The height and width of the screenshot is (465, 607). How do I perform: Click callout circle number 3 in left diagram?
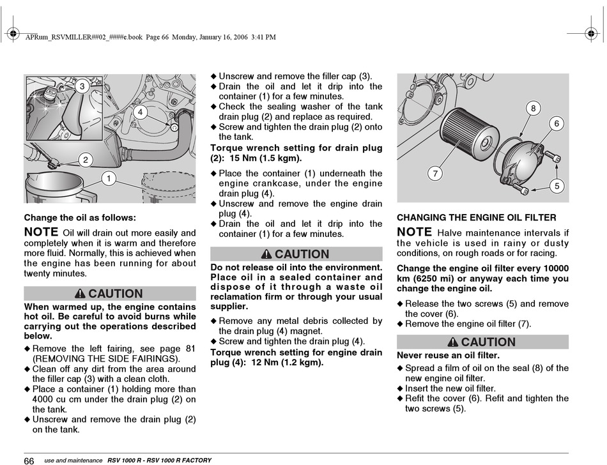[x=82, y=86]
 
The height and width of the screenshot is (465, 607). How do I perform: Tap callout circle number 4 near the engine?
[x=140, y=112]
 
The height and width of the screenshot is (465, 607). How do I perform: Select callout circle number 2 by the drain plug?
[x=86, y=160]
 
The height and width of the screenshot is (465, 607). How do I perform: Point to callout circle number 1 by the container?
[x=109, y=178]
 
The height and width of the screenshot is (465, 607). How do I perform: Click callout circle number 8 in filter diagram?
[x=533, y=109]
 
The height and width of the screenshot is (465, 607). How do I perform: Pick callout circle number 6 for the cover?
[x=557, y=124]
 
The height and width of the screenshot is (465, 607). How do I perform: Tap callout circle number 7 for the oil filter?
[x=435, y=174]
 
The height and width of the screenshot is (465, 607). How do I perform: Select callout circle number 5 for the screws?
[x=557, y=186]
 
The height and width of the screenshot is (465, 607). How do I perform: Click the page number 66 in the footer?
[x=29, y=461]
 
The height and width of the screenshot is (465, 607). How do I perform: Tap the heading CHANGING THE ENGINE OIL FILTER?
[x=476, y=218]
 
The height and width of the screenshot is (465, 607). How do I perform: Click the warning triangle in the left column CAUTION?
[x=80, y=294]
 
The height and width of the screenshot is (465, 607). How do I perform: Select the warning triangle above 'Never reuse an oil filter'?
[x=453, y=342]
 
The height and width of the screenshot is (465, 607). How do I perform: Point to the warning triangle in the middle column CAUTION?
[x=266, y=254]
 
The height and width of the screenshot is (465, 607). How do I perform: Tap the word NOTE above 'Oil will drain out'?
[x=41, y=232]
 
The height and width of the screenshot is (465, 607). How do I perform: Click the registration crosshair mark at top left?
[x=13, y=34]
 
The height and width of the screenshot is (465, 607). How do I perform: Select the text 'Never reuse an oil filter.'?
[x=449, y=355]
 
